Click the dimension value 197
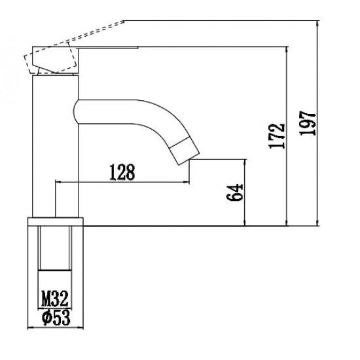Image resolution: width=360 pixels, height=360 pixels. pyautogui.click(x=308, y=123)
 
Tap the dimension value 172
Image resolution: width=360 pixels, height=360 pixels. pyautogui.click(x=278, y=136)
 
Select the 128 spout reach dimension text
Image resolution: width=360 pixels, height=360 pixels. pyautogui.click(x=122, y=172)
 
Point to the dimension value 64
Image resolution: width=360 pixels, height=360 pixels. pyautogui.click(x=234, y=192)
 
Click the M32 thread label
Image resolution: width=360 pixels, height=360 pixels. pyautogui.click(x=55, y=298)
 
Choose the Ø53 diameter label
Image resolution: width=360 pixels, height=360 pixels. pyautogui.click(x=56, y=317)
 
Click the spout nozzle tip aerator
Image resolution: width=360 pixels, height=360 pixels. pyautogui.click(x=185, y=150)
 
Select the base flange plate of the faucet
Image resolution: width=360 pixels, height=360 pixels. pyautogui.click(x=56, y=221)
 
